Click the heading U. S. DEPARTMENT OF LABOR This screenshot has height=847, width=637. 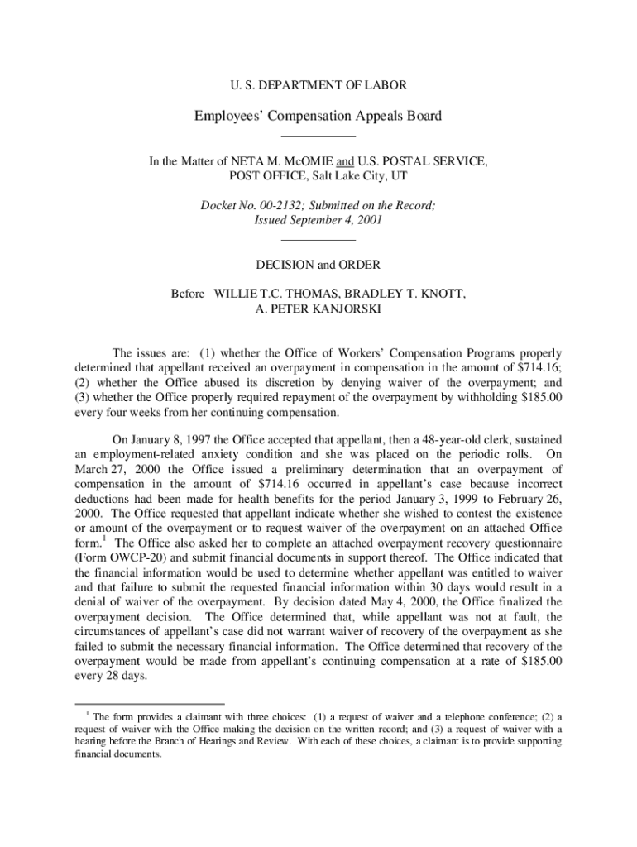coord(318,84)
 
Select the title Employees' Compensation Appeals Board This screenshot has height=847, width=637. coord(318,116)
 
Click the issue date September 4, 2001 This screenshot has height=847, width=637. coord(338,221)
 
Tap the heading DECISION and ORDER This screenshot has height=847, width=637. coord(318,266)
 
